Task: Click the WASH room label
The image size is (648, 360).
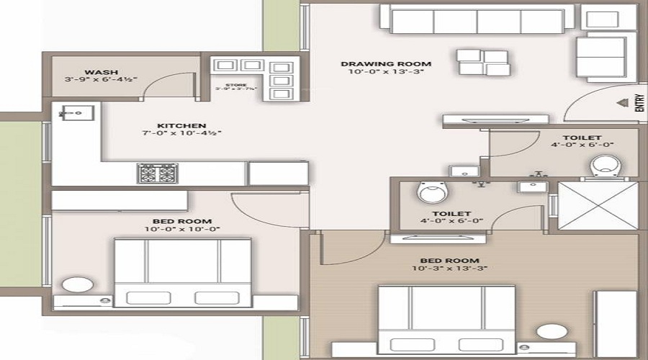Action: (96, 72)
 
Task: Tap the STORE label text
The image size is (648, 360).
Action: (235, 85)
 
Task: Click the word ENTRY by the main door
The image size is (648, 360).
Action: (639, 104)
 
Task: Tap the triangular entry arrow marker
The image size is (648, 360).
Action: (619, 103)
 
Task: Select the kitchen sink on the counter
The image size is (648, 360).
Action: (74, 112)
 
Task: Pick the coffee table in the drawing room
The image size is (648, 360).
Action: (484, 63)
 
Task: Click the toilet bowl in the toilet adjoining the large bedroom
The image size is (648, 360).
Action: (431, 192)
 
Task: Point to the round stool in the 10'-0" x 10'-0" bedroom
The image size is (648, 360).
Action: (76, 284)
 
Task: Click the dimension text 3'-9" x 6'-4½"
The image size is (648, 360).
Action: (96, 80)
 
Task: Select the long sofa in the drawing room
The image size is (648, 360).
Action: (477, 19)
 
